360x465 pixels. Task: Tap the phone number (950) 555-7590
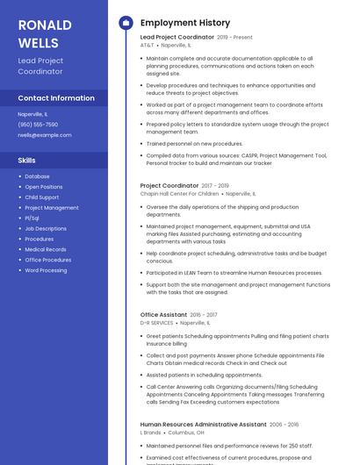37,124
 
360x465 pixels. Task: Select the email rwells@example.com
44,134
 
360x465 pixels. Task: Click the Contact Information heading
55,98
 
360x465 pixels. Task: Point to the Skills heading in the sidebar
27,161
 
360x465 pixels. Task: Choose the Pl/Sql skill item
32,218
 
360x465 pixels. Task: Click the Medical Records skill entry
45,249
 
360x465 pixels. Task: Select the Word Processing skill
46,270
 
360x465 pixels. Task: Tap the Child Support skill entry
42,197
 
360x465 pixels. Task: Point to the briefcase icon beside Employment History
125,23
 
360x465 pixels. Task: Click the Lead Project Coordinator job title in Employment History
176,37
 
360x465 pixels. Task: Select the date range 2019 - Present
234,37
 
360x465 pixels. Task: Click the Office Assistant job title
163,314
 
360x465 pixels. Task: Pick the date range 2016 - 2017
204,314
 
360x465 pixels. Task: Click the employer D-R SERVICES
156,322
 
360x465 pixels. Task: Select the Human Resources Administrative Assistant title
203,424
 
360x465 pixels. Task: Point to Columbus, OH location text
186,432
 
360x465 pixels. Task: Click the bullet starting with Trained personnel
194,143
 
